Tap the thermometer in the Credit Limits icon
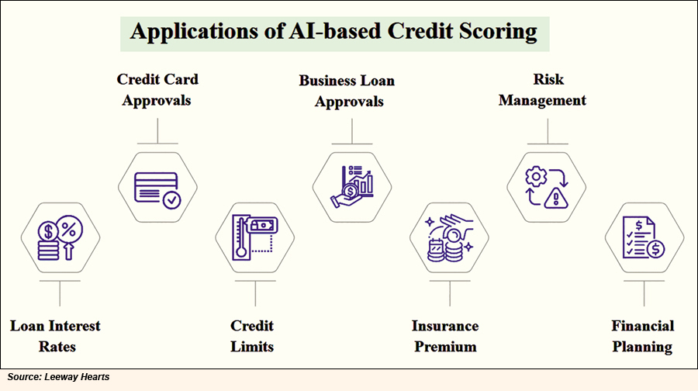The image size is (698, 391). [241, 237]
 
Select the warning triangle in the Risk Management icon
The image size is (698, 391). [556, 198]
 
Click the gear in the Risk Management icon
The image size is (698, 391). [536, 177]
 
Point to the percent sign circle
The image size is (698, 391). [69, 229]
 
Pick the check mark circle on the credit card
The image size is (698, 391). [172, 200]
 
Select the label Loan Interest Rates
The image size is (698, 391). [56, 336]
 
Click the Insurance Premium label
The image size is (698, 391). [445, 336]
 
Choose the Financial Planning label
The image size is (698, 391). [642, 336]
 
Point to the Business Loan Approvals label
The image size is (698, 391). [347, 91]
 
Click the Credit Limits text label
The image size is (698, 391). [252, 336]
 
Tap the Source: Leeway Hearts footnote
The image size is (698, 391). [58, 377]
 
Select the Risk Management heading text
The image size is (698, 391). [542, 90]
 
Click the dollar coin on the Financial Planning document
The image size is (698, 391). [655, 249]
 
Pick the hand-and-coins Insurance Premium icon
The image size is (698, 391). [450, 237]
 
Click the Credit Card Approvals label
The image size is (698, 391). [157, 90]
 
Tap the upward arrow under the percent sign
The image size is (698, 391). [68, 251]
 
